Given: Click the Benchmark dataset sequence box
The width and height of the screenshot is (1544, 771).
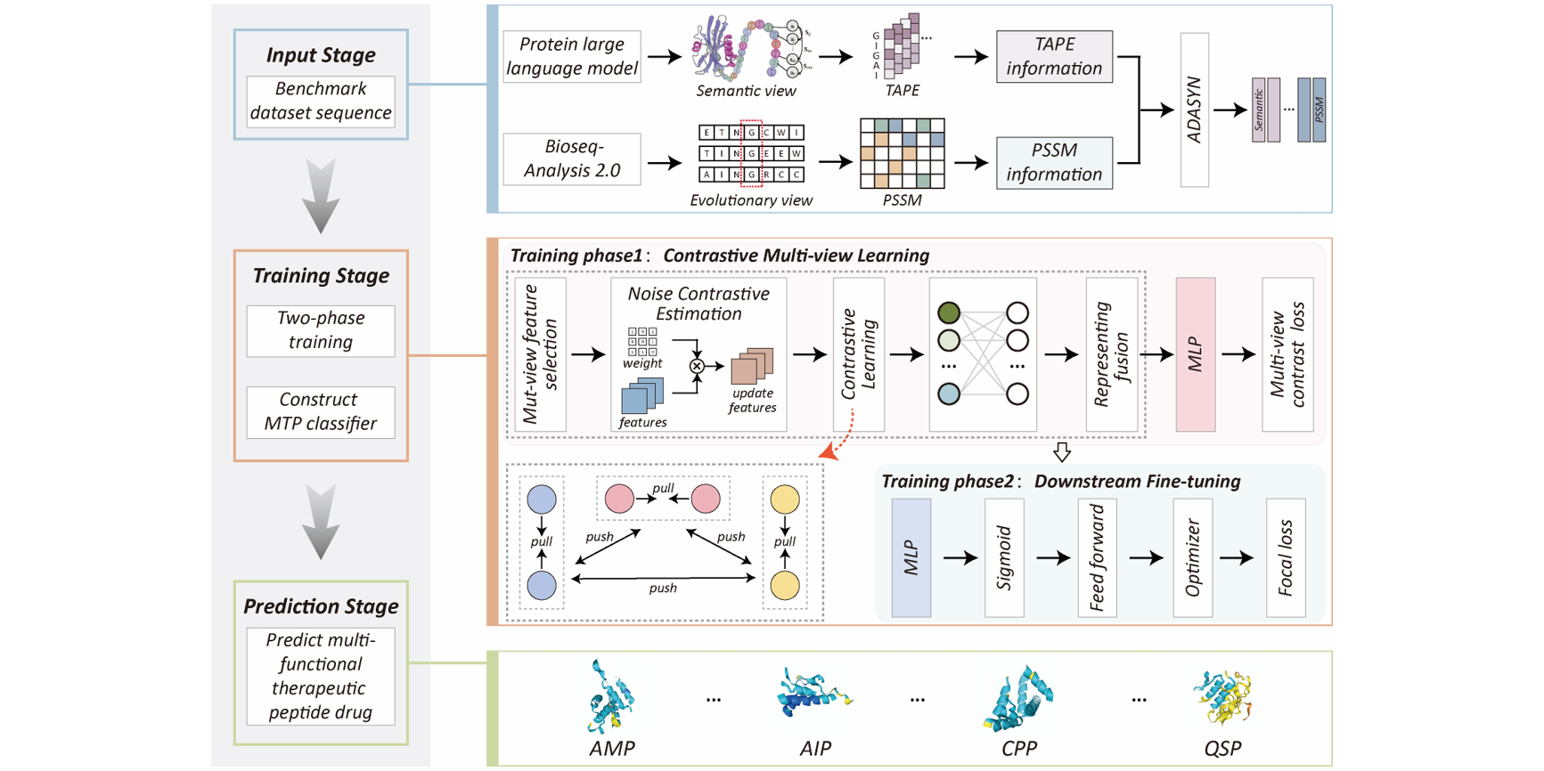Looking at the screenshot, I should (321, 101).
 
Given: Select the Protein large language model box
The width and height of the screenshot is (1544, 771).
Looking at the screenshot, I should (572, 57).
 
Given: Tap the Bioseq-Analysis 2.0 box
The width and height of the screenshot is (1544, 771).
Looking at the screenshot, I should (572, 159).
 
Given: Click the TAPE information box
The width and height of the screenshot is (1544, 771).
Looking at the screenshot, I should (1054, 57).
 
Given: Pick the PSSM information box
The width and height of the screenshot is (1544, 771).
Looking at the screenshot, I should (1054, 163).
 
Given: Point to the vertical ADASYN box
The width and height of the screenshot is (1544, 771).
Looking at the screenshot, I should (1194, 110).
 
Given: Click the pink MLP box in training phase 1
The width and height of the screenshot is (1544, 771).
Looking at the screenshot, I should (1195, 354).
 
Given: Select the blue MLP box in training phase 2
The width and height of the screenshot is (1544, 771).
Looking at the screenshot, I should (911, 558).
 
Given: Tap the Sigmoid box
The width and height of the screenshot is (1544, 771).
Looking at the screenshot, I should (1004, 558).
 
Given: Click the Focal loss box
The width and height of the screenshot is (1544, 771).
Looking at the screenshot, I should (1286, 558).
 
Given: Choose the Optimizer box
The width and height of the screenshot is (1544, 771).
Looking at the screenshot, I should (1193, 558).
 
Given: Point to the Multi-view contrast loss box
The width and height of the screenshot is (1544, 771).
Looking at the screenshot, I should (1287, 354).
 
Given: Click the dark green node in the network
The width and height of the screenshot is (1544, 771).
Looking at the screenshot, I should (949, 312).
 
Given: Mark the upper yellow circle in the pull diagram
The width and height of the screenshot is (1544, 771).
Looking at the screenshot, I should (785, 499).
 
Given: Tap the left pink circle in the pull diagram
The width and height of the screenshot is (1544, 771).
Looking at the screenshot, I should (619, 499).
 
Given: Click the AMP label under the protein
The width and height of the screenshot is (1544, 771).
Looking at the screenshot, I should (612, 749).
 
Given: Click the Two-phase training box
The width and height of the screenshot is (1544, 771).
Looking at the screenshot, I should (321, 330).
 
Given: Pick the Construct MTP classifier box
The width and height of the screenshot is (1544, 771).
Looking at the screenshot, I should (321, 411).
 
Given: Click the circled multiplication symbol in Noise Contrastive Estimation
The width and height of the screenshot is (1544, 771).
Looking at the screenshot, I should (697, 366).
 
